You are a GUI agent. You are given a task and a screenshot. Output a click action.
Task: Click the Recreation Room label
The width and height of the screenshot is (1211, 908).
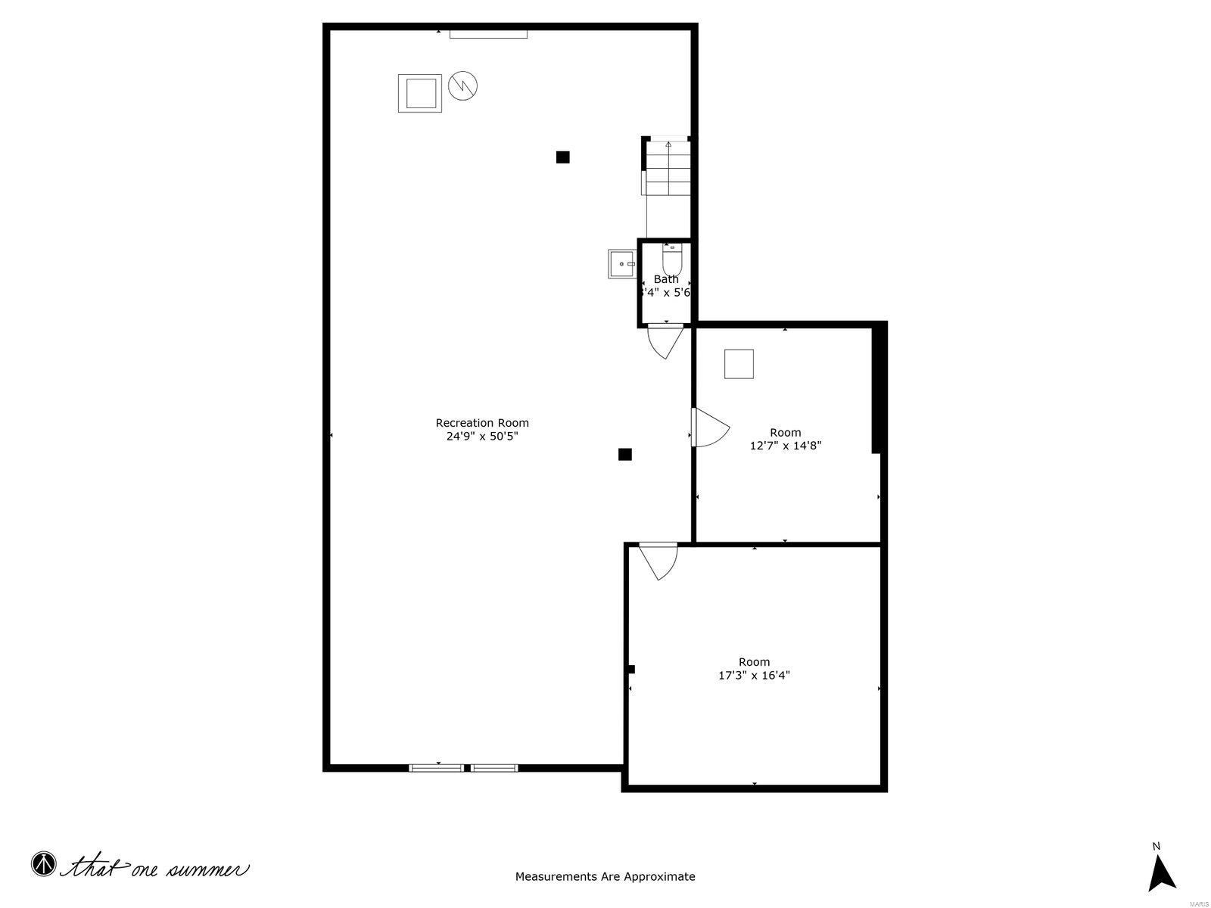(482, 423)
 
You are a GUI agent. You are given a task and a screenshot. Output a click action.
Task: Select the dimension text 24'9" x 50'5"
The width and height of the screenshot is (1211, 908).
(482, 436)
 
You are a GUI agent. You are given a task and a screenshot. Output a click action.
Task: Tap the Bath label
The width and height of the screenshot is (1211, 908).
(666, 279)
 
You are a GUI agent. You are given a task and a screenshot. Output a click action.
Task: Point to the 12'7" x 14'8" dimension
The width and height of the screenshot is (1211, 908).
(786, 446)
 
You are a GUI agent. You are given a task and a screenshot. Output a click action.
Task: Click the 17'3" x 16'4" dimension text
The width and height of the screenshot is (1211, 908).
(754, 675)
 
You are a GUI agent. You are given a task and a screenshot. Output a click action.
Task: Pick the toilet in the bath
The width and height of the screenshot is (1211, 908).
(672, 259)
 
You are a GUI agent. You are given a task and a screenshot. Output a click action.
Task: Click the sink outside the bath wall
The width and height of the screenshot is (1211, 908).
(623, 264)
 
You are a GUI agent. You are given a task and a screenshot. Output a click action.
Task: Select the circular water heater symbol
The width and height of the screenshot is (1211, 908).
(463, 86)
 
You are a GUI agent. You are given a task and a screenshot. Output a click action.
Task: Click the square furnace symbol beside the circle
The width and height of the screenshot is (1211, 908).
(420, 94)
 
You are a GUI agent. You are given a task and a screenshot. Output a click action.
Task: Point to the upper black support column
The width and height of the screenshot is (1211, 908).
(562, 157)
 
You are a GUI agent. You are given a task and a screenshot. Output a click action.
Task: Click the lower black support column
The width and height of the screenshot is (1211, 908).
(624, 454)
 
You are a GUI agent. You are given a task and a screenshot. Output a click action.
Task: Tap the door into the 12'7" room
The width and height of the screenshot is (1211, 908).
(710, 428)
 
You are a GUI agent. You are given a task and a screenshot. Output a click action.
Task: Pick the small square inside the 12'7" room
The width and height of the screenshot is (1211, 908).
(739, 364)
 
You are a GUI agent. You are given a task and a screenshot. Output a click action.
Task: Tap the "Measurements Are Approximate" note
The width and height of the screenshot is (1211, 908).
(605, 877)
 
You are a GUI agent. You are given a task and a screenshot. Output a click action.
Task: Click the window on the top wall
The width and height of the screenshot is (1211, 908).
(488, 33)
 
